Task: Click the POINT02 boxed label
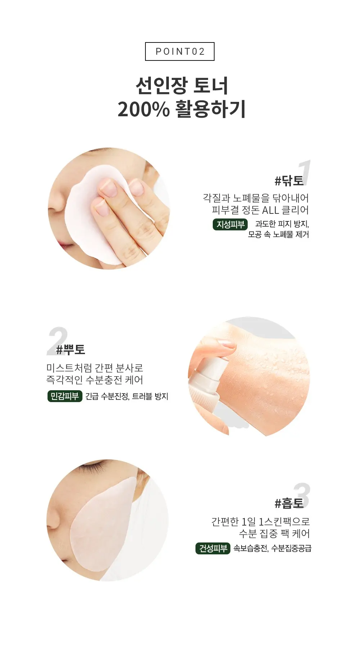[x=180, y=51]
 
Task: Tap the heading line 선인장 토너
[x=182, y=86]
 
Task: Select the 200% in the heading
[x=143, y=109]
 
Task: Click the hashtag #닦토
[x=289, y=180]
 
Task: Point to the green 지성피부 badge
[x=230, y=224]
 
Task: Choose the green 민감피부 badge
[x=65, y=396]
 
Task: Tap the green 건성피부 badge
[x=213, y=548]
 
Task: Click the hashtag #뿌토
[x=71, y=349]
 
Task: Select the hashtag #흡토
[x=289, y=503]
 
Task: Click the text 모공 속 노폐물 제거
[x=278, y=234]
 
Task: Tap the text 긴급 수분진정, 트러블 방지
[x=127, y=396]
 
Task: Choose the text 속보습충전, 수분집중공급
[x=273, y=548]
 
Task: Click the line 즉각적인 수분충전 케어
[x=95, y=380]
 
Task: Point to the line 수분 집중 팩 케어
[x=274, y=533]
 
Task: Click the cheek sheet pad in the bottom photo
[x=104, y=526]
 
